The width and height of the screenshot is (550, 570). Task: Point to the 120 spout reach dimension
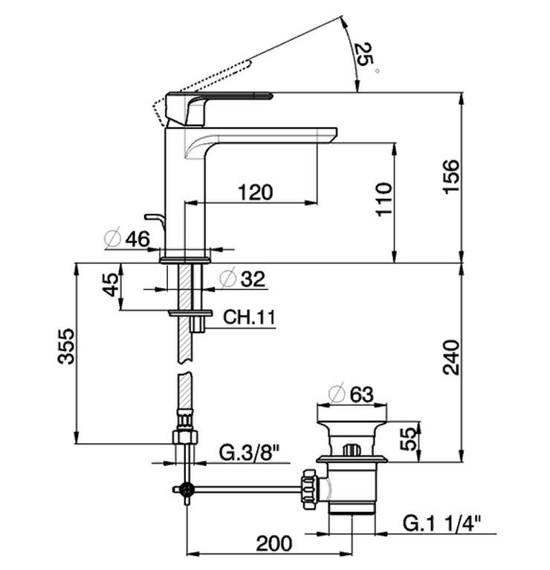coord(256,191)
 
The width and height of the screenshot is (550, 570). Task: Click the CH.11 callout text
coord(250,318)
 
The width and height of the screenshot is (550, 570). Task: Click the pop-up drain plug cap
coord(350,432)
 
